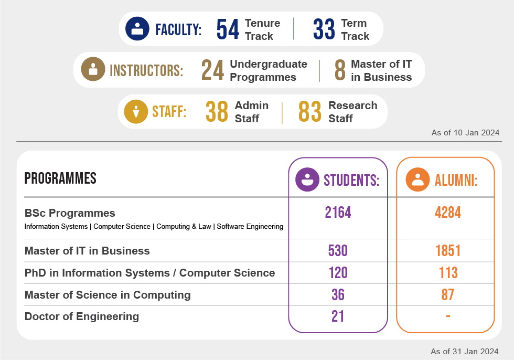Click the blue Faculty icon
[137, 28]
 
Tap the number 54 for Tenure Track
[228, 29]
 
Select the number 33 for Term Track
[324, 29]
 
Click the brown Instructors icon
[93, 69]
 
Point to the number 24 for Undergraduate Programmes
[213, 70]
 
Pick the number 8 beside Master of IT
[340, 70]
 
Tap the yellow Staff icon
[136, 111]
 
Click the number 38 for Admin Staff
[217, 111]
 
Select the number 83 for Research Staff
[309, 111]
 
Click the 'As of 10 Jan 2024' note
[465, 133]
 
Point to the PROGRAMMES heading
[60, 178]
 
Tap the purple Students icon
[307, 179]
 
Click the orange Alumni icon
[418, 179]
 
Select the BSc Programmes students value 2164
[338, 213]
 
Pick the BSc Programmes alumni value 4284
[447, 213]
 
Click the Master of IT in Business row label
[87, 251]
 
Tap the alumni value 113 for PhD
[447, 273]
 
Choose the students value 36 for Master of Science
[338, 295]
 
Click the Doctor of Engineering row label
[82, 316]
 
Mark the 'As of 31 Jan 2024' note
[464, 351]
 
